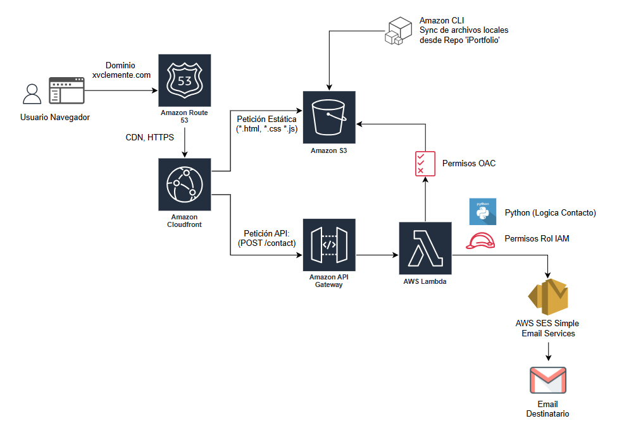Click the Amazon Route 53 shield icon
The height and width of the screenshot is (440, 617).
click(184, 80)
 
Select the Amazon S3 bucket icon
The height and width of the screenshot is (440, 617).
click(329, 118)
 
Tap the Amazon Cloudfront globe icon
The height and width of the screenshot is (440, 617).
click(184, 185)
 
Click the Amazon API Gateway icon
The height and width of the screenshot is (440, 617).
click(329, 245)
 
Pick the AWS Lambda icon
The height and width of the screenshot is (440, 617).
click(425, 248)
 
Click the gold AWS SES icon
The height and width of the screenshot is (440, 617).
click(548, 295)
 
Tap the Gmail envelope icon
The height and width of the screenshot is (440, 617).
click(547, 381)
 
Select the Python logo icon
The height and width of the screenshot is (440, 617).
click(482, 212)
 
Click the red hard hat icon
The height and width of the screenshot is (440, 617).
click(481, 240)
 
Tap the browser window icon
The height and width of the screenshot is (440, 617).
click(67, 91)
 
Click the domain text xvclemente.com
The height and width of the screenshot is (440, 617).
click(121, 75)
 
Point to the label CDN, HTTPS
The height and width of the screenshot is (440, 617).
click(149, 138)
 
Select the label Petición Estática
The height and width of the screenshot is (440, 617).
click(266, 119)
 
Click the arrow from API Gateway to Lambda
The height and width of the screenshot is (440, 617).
click(377, 255)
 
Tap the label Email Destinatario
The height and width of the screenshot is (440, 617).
click(547, 409)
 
